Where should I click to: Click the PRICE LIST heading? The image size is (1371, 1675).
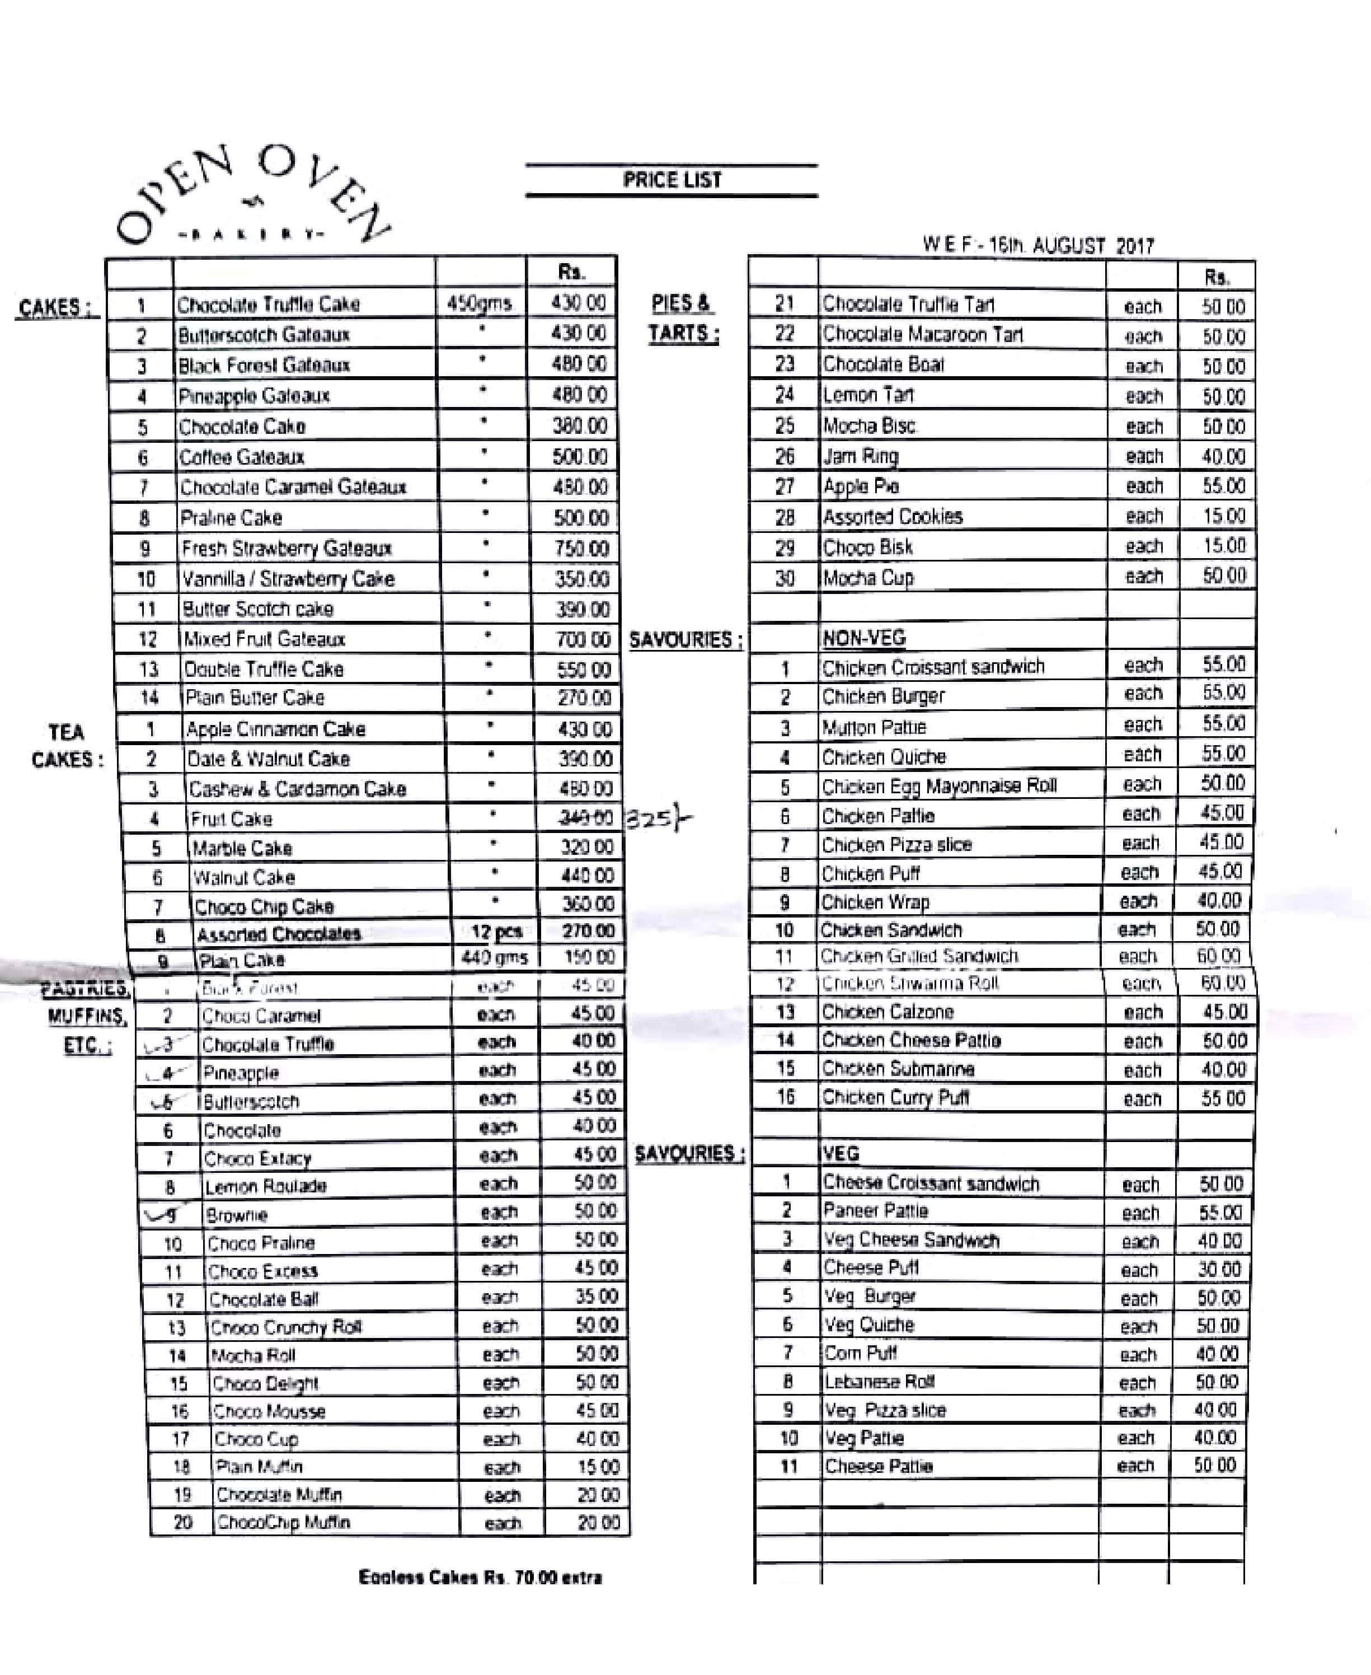point(672,180)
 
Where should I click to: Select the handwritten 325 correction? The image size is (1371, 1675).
point(655,820)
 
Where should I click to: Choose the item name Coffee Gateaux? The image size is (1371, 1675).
point(242,457)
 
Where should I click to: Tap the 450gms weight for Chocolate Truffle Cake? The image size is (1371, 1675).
point(480,303)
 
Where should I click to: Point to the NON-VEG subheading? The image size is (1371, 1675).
point(864,638)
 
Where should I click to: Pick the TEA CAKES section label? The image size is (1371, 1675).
point(67,746)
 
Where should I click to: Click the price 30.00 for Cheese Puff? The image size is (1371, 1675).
point(1219,1269)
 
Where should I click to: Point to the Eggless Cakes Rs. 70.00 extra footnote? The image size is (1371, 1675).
point(480,1577)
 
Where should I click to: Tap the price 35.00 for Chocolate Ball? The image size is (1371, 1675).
point(597,1297)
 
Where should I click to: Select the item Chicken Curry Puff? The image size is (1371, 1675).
point(895,1097)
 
